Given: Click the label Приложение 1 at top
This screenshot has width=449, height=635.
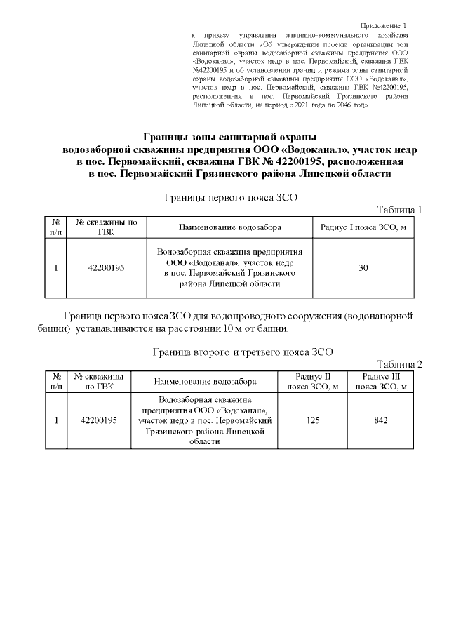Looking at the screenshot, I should tap(387, 25).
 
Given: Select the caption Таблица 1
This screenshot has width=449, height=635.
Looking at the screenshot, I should tap(399, 210).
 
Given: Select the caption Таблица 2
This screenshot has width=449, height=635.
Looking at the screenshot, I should tap(399, 363).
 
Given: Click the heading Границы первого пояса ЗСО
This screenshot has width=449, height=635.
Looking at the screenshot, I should tap(230, 197).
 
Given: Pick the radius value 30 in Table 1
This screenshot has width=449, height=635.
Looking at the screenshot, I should tap(363, 267).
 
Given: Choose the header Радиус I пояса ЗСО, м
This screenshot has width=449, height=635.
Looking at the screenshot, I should tap(363, 228).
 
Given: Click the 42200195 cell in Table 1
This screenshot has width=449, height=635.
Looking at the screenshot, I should tap(106, 267).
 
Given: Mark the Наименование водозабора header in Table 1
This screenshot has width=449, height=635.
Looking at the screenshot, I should tap(230, 228).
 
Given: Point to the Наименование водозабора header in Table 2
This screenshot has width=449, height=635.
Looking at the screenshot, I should tap(205, 382).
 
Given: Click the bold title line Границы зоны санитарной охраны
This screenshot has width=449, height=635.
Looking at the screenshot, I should tap(230, 136).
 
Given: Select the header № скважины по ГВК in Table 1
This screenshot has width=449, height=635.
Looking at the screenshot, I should tap(106, 228).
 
